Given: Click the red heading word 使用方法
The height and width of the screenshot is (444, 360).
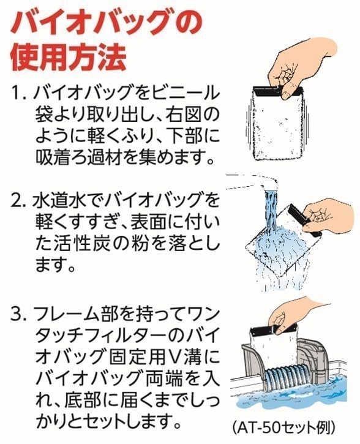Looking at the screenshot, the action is (x=68, y=58).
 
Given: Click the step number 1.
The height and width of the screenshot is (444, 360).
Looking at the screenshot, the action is (x=18, y=93).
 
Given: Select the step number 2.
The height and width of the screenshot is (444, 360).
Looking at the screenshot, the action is (x=18, y=200).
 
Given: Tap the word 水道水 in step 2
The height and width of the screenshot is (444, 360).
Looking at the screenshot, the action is (x=58, y=200).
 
